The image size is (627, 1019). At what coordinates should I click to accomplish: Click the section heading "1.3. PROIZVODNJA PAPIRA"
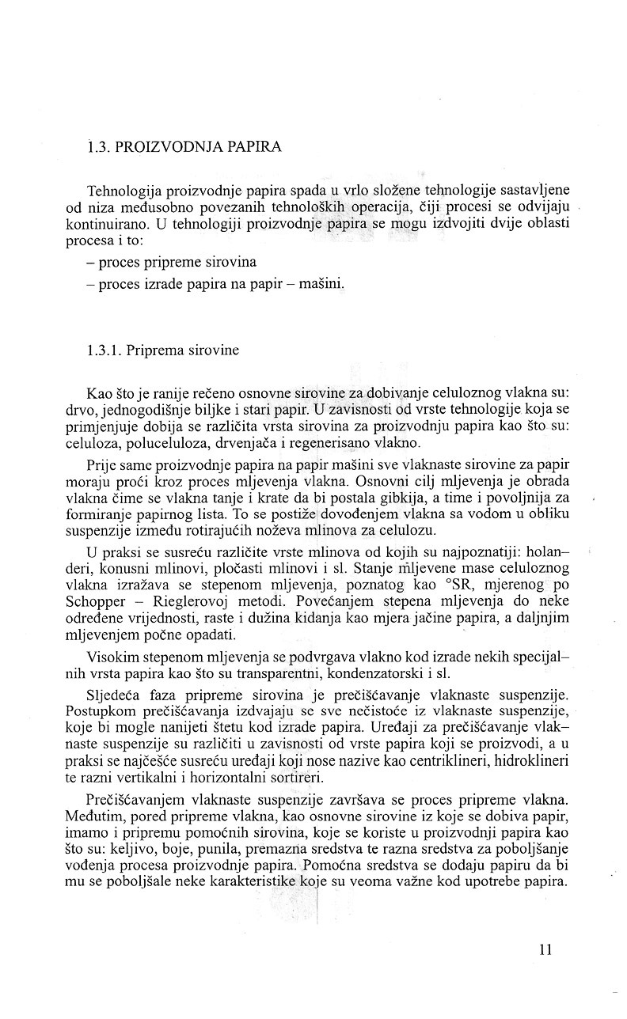[184, 147]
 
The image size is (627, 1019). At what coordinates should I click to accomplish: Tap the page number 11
[544, 950]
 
